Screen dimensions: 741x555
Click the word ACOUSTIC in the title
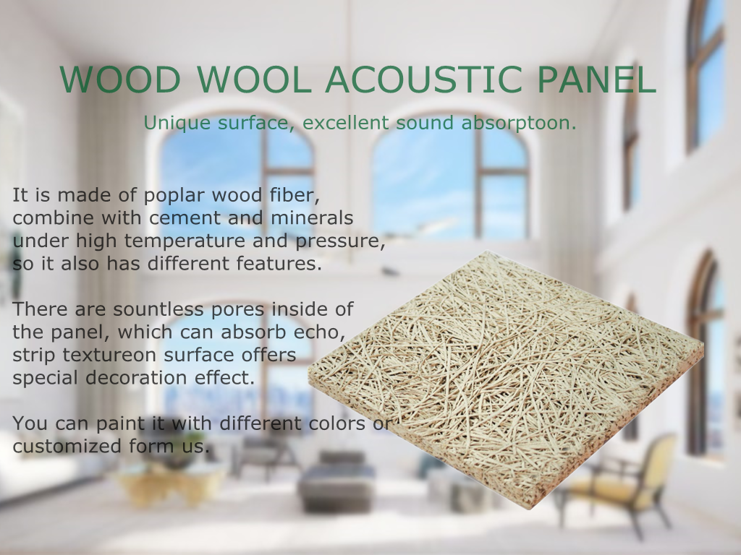pyautogui.click(x=424, y=79)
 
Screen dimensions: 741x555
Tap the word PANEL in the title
pyautogui.click(x=597, y=79)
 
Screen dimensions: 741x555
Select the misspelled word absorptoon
pyautogui.click(x=519, y=123)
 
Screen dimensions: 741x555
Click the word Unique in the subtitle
pyautogui.click(x=177, y=123)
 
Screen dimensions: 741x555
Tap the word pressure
pyautogui.click(x=340, y=241)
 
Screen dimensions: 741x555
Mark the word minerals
pyautogui.click(x=312, y=218)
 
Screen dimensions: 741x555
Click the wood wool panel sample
pyautogui.click(x=506, y=377)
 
